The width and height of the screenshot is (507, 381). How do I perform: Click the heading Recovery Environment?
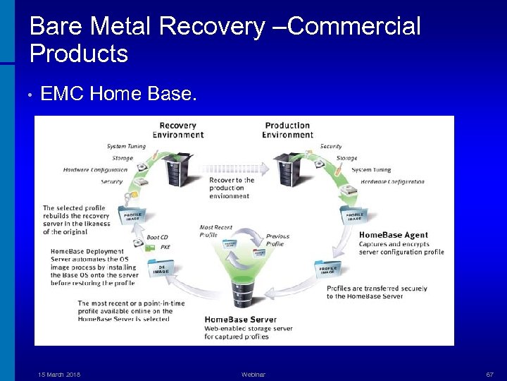178,130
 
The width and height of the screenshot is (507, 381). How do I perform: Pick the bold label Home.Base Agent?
394,235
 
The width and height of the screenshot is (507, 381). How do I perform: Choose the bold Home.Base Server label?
240,320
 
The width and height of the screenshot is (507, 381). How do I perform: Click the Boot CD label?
157,237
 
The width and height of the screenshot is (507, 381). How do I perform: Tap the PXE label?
165,247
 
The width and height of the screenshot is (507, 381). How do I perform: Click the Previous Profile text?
277,241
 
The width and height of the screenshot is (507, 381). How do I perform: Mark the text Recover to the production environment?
231,188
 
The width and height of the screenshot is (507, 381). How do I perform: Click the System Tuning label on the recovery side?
126,147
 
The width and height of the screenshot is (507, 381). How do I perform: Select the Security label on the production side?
331,147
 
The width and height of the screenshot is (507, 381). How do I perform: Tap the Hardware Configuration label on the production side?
392,181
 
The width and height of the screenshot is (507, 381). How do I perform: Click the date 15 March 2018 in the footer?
59,374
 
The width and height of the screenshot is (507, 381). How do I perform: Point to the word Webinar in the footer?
253,374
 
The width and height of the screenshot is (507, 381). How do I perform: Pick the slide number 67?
489,374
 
